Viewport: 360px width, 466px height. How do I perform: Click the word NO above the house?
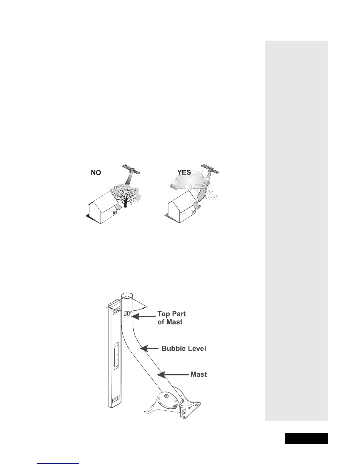click(96, 173)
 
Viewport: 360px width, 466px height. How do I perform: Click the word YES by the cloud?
click(184, 172)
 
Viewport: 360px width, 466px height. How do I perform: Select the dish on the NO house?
click(117, 207)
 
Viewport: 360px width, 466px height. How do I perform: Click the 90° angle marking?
click(128, 314)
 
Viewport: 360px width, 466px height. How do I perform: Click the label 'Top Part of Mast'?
click(171, 318)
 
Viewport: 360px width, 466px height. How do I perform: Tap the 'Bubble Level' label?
click(184, 349)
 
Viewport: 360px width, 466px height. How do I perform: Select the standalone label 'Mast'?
click(199, 375)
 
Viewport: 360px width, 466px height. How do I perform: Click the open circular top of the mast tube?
click(127, 295)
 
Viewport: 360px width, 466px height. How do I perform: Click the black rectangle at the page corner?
click(306, 438)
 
